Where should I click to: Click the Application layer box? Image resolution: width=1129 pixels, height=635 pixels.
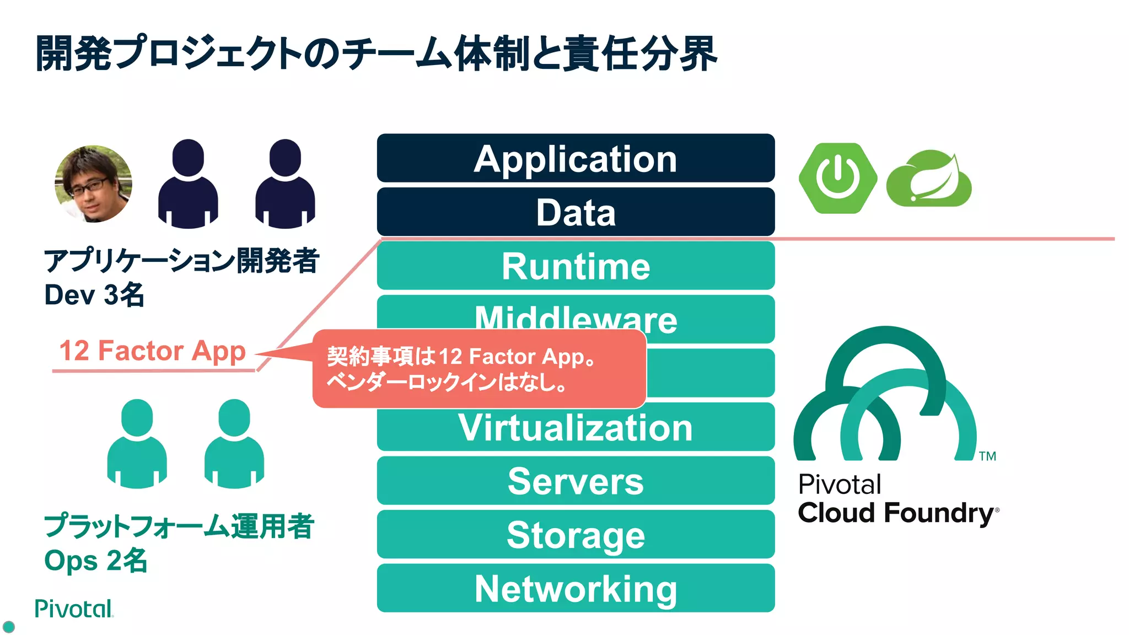tap(576, 158)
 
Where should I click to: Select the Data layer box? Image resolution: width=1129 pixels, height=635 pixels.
tap(576, 212)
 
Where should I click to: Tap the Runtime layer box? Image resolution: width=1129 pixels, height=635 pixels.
tap(576, 266)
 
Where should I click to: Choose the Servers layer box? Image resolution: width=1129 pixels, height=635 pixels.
tap(576, 481)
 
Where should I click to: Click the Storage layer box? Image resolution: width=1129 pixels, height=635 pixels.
tap(576, 535)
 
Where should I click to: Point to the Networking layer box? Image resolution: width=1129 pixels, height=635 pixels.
tap(576, 588)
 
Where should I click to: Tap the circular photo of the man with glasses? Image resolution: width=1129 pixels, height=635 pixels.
tap(93, 184)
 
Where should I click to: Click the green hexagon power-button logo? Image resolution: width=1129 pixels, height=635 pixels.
tap(837, 178)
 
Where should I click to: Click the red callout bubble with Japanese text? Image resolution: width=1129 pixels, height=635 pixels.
tap(479, 369)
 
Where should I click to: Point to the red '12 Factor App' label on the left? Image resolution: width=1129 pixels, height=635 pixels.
tap(152, 351)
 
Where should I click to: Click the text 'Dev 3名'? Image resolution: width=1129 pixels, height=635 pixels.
tap(94, 295)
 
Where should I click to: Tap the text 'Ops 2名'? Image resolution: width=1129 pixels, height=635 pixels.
tap(95, 561)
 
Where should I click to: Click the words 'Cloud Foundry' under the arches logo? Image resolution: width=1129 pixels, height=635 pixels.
tap(896, 513)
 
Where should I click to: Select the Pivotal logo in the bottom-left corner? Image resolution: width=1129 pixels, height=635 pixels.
tap(73, 609)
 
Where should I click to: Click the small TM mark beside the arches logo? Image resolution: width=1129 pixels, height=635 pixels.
tap(987, 456)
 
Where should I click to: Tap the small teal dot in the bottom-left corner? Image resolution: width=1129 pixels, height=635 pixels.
tap(9, 627)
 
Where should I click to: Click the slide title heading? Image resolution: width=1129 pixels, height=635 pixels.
tap(376, 53)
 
